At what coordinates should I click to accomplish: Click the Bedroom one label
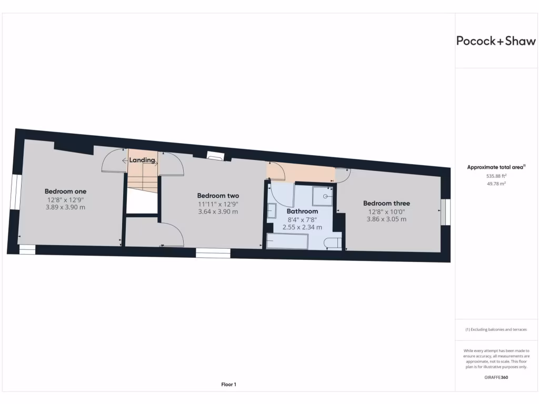(x=65, y=191)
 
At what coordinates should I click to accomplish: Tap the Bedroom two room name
(x=218, y=195)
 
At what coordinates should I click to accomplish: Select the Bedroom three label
(x=386, y=203)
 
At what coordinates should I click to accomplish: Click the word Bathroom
(x=302, y=211)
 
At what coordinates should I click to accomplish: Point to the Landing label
(x=142, y=160)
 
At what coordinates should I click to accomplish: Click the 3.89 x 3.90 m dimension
(x=65, y=207)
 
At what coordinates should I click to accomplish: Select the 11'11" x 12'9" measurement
(x=218, y=204)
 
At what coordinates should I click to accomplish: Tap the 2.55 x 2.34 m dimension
(x=302, y=227)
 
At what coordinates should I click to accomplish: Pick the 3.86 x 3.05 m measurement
(x=386, y=219)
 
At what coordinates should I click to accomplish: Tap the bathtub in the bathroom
(x=287, y=241)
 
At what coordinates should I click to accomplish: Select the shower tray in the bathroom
(x=323, y=196)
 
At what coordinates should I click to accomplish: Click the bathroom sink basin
(x=272, y=211)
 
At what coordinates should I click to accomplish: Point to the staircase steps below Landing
(x=143, y=179)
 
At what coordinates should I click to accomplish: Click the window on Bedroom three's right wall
(x=446, y=211)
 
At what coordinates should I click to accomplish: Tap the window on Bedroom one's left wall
(x=15, y=193)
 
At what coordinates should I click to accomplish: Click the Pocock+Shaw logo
(x=496, y=41)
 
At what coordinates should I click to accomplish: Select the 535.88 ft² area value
(x=495, y=176)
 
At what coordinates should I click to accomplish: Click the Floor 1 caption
(x=228, y=385)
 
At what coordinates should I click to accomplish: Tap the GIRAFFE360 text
(x=496, y=377)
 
